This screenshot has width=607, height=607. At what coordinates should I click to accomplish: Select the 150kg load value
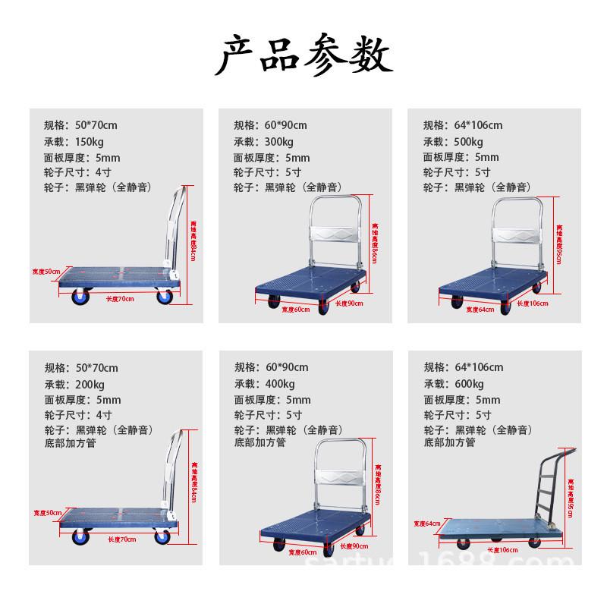(90, 142)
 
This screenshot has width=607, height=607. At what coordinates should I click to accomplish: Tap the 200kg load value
(90, 384)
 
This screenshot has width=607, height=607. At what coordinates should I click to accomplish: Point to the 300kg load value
(280, 142)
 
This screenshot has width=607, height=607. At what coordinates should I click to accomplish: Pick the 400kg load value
(280, 384)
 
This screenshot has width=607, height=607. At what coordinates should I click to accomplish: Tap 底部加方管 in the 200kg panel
(70, 442)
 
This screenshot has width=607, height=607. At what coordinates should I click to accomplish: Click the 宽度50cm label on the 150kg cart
(46, 272)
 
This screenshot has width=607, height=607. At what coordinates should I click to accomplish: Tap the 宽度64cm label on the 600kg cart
(426, 523)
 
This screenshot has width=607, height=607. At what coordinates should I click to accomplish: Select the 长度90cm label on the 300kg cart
(350, 303)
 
